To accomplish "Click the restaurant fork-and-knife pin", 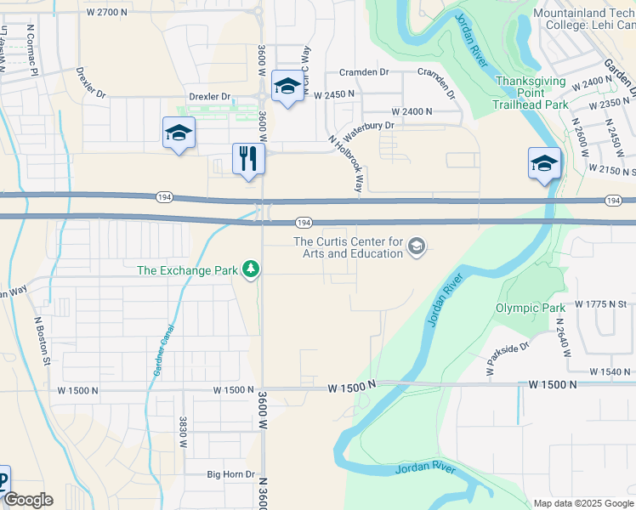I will point(248,159).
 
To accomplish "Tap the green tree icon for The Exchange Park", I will point(250,270).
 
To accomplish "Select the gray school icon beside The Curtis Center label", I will point(417,247).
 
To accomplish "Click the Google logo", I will point(27,500).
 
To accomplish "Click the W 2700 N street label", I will point(107,13).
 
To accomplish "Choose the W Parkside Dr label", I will point(508,358).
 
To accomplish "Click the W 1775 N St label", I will point(600,303).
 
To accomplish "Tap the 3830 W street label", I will point(182,431).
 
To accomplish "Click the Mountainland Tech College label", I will point(583,20).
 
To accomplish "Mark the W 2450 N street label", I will point(334,94).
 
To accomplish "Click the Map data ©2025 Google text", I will point(582,503).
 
